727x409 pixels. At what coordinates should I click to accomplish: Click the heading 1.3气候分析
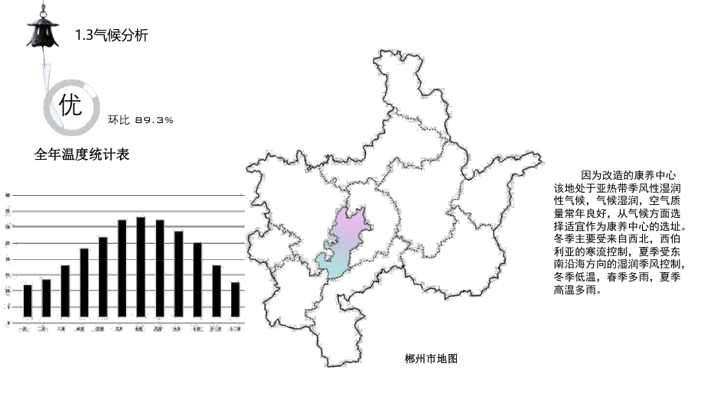(112, 35)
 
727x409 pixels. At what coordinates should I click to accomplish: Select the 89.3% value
(154, 120)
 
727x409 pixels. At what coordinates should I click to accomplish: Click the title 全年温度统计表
(82, 154)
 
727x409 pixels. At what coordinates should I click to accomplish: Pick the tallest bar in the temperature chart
(140, 267)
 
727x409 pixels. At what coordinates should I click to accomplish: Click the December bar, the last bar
(235, 300)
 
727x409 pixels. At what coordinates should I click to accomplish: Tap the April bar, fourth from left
(84, 282)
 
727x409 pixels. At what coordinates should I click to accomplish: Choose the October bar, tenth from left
(197, 279)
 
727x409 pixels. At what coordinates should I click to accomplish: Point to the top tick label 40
(8, 196)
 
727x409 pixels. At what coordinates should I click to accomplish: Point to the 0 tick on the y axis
(8, 323)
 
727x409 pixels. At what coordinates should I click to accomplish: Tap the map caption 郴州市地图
(431, 358)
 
